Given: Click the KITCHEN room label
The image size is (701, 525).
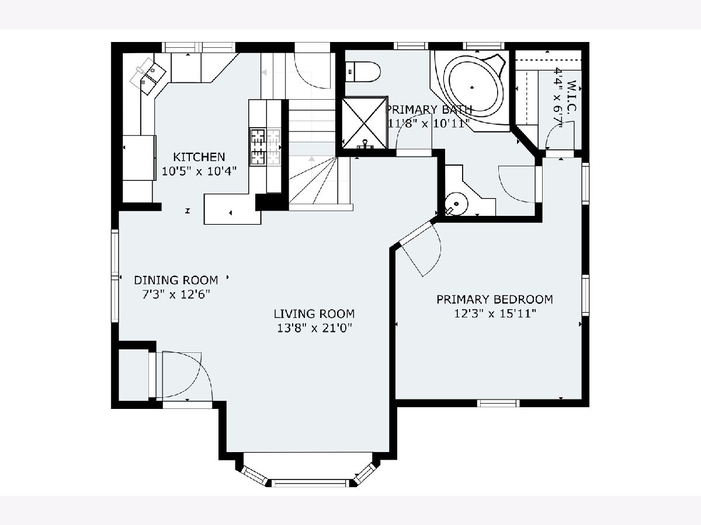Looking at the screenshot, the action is point(199,157).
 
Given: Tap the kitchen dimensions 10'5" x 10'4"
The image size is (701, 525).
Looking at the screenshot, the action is point(199,171).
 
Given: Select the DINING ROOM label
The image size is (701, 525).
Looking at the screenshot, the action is point(176,280).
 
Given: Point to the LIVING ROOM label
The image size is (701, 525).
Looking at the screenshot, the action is point(314,314).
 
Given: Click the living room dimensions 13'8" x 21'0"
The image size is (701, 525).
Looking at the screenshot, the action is point(314,328).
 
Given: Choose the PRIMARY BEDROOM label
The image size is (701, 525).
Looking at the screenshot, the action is point(495,299).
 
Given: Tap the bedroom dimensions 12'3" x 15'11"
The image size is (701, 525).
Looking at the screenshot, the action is point(495,314).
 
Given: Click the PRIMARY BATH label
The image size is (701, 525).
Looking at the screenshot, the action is point(429,109).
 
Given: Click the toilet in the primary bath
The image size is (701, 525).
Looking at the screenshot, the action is point(363,72).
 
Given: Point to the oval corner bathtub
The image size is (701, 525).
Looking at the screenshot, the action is point(472,87).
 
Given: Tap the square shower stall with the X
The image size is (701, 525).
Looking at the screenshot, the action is point(365,123).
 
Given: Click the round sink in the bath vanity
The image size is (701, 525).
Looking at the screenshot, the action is point(456,204).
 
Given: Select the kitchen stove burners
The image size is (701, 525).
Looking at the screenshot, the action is point(265,147).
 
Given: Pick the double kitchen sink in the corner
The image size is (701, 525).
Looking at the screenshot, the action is point(148,76).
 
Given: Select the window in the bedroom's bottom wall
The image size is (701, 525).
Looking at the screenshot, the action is point(498,403).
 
